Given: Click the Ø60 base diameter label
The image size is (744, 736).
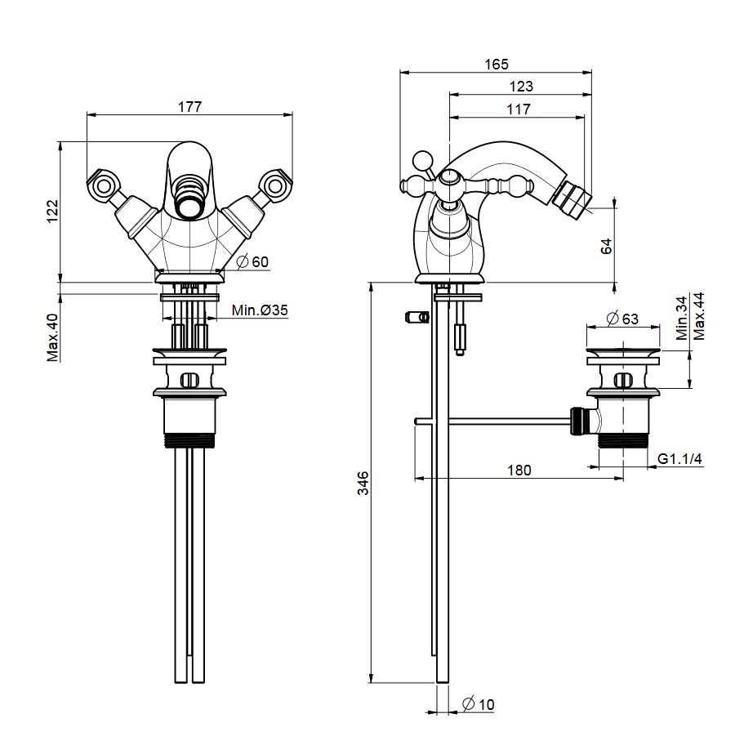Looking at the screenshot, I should (254, 261).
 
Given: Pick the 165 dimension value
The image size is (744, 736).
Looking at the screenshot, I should (496, 64).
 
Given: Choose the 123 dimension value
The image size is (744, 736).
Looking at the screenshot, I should (520, 86).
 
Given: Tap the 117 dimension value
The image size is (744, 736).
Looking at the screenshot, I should (518, 108).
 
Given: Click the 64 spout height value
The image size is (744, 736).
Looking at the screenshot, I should (606, 246).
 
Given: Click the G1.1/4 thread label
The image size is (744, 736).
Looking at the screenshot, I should (680, 460).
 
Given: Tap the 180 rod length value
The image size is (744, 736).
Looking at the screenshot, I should (519, 470).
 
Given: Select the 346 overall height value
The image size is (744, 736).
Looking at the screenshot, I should (363, 484).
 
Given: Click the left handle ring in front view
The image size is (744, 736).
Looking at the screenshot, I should (101, 185).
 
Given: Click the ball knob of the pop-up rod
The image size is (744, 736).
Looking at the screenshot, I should (422, 158).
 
